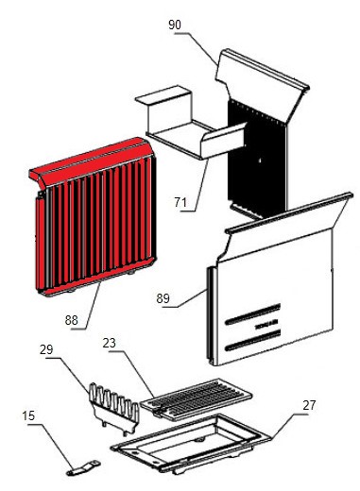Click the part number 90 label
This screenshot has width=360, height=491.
tap(175, 25)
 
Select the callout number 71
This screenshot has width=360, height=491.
tap(180, 202)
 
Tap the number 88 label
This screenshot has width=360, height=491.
tap(72, 320)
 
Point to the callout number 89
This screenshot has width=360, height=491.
tap(163, 298)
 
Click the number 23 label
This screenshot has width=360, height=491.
tap(110, 343)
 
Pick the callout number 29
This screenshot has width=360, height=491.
tap(46, 349)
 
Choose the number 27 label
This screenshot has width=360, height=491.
tap(309, 405)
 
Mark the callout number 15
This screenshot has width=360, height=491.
tap(28, 415)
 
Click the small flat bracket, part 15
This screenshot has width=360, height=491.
tap(83, 468)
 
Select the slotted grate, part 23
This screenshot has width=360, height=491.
tap(196, 399)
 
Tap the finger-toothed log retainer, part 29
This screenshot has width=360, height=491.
tap(114, 407)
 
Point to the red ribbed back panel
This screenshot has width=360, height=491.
tap(94, 217)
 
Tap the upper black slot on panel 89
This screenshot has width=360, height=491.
tap(253, 313)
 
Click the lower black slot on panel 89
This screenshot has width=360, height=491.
tap(253, 340)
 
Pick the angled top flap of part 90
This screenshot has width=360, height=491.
tap(262, 85)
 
